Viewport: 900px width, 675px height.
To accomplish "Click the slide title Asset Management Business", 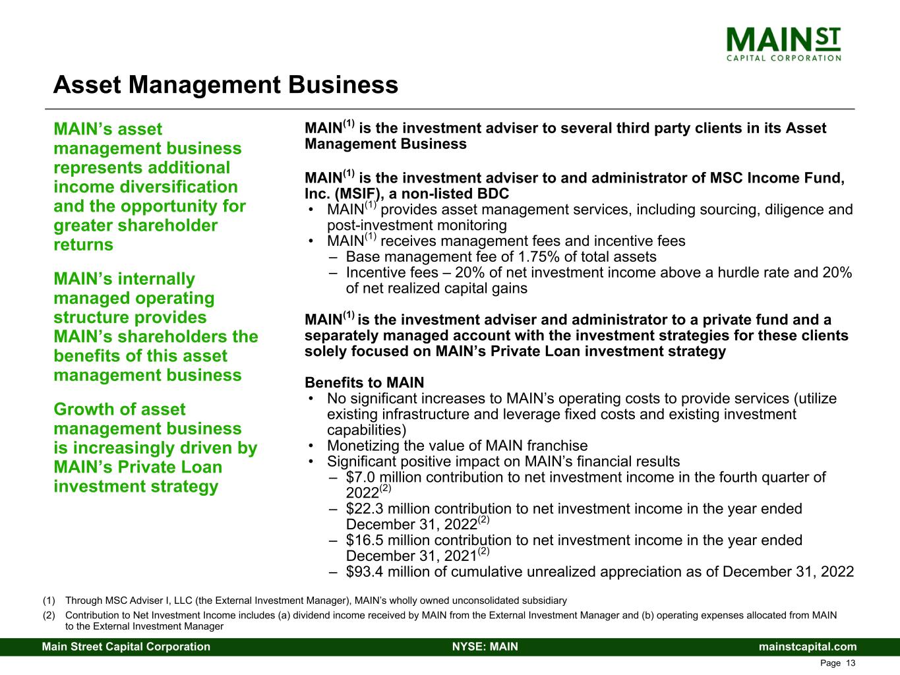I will coord(225,84).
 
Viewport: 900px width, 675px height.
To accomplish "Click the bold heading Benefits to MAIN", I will coord(364,383).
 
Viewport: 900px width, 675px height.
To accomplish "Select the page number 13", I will coord(850,663).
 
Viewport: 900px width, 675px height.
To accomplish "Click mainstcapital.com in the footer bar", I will coord(808,647).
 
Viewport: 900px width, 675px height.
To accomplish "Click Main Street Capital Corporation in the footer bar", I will coord(126,647).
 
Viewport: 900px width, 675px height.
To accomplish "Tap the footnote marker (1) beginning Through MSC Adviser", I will coord(49,601).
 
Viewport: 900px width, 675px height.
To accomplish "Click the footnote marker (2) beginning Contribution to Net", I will coord(49,616).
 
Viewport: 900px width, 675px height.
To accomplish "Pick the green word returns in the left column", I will coord(83,245).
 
